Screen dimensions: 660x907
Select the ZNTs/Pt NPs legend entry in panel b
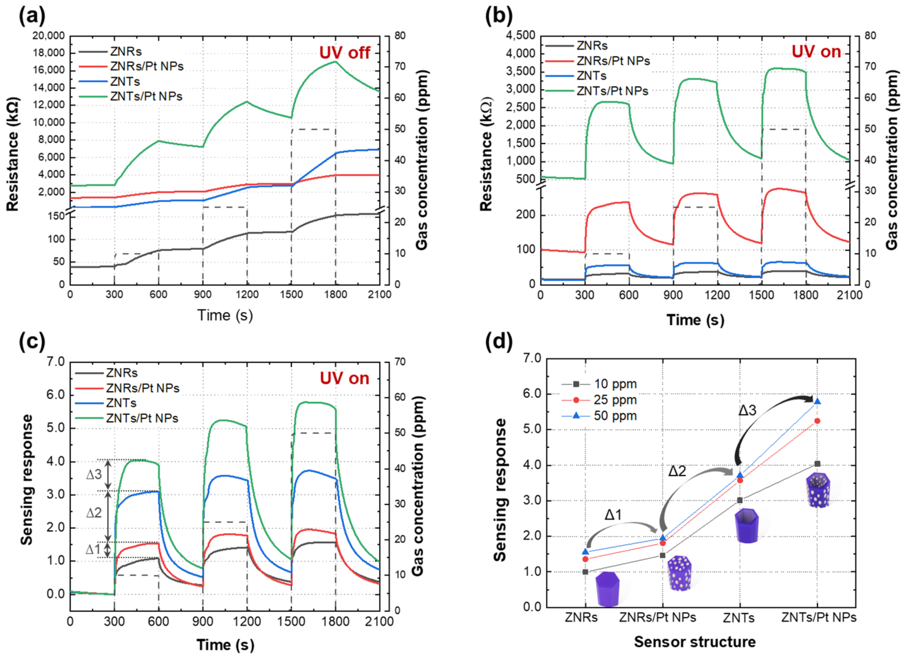click(x=612, y=91)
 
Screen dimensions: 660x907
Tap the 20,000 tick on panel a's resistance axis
click(x=49, y=36)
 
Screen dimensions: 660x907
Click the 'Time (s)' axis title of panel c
click(x=225, y=644)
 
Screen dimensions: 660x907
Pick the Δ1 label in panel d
click(x=613, y=514)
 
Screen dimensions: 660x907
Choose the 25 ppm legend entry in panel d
click(x=615, y=400)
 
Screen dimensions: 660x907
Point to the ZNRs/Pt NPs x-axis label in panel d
click(x=658, y=617)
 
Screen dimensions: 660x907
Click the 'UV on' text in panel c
click(x=344, y=378)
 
